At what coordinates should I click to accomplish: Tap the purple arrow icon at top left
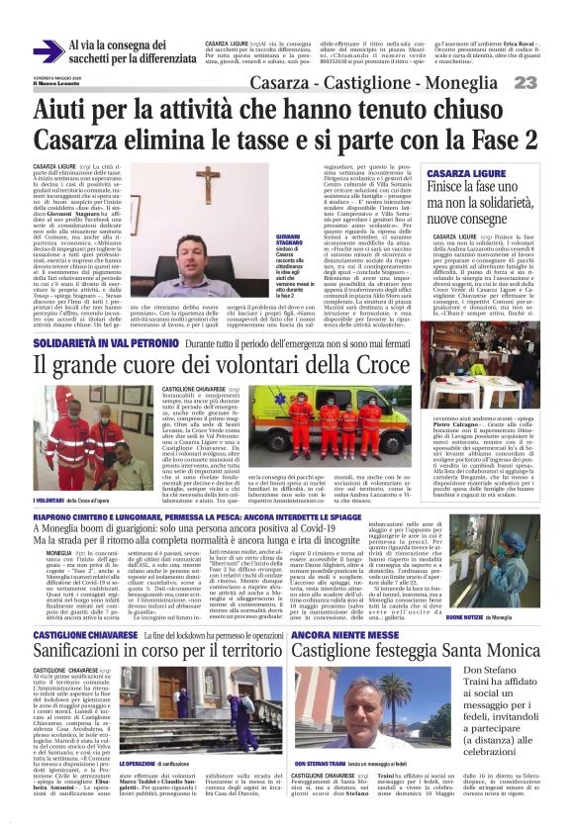pyautogui.click(x=46, y=50)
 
